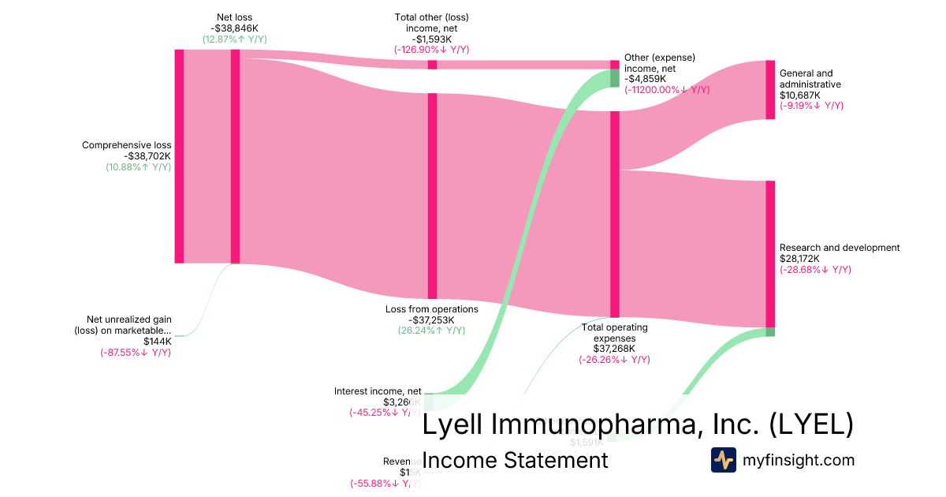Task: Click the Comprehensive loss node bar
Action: pyautogui.click(x=179, y=156)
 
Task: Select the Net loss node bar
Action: pyautogui.click(x=235, y=156)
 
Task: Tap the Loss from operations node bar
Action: pyautogui.click(x=432, y=196)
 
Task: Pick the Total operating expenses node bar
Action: pyautogui.click(x=615, y=213)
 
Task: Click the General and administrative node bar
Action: pyautogui.click(x=770, y=90)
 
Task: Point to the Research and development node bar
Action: pyautogui.click(x=770, y=253)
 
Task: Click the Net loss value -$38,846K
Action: pyautogui.click(x=234, y=28)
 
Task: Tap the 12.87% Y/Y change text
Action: pyautogui.click(x=234, y=39)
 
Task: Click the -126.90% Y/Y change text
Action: pyautogui.click(x=431, y=50)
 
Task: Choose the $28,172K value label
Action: pyautogui.click(x=799, y=259)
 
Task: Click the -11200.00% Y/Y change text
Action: pyautogui.click(x=667, y=90)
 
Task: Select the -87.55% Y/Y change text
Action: pyautogui.click(x=135, y=352)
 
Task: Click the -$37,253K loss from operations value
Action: pyautogui.click(x=431, y=319)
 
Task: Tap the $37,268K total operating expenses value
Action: pyautogui.click(x=614, y=349)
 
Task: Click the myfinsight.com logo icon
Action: pyautogui.click(x=723, y=460)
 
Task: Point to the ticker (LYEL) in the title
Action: pyautogui.click(x=811, y=424)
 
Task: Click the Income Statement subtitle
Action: pyautogui.click(x=515, y=460)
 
